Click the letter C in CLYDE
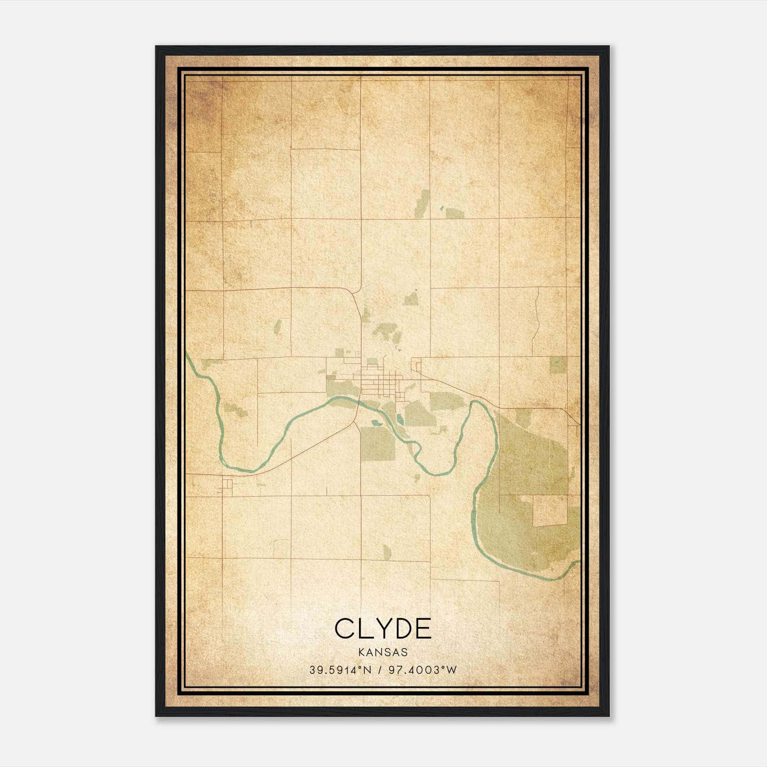tap(346, 628)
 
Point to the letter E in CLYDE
tap(422, 628)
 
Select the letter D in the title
tap(402, 628)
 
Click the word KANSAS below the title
tap(383, 652)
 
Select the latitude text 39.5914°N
tap(340, 670)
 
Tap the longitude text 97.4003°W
tap(423, 670)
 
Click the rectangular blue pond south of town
tap(400, 419)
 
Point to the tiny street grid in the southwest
tap(225, 487)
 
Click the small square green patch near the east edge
tap(558, 365)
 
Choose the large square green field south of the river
tap(377, 442)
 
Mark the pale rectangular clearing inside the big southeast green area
tap(550, 510)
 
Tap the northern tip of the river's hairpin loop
tap(476, 402)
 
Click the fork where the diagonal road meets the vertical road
tap(355, 422)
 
